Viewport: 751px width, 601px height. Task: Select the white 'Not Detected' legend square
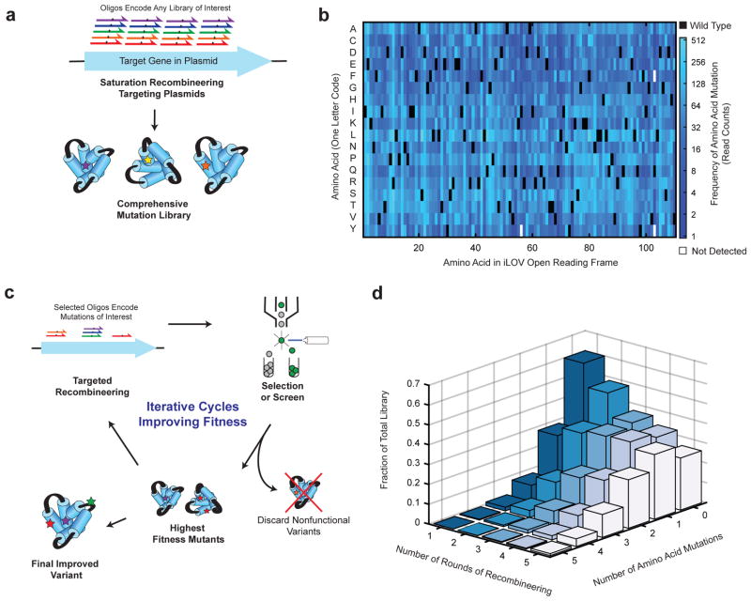[x=682, y=251]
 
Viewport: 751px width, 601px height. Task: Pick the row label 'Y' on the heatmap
[x=351, y=229]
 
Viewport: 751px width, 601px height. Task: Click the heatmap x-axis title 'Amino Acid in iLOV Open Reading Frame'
[x=514, y=264]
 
